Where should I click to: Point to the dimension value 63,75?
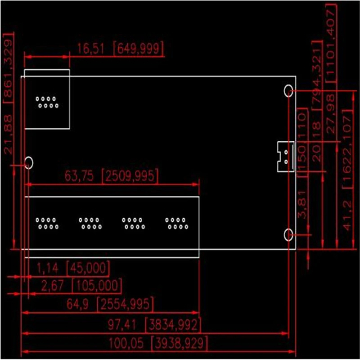pos(79,176)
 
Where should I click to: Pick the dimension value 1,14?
pos(47,269)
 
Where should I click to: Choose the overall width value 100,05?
pos(126,344)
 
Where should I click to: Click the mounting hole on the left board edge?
pos(29,162)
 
